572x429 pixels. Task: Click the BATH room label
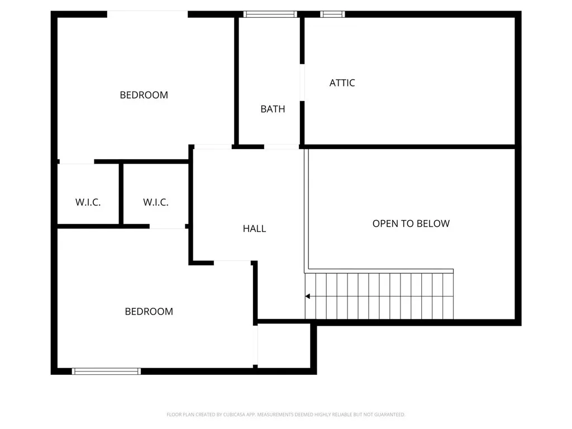[273, 109]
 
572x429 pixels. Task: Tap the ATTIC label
[342, 83]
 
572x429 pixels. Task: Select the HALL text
[254, 228]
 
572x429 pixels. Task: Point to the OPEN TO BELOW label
[411, 223]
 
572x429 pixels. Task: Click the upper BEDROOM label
[144, 95]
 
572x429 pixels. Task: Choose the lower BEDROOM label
[149, 311]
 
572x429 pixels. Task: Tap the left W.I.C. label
[88, 202]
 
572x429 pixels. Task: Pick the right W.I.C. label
[156, 202]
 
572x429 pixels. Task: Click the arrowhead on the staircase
[308, 297]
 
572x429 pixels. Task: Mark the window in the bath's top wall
[269, 15]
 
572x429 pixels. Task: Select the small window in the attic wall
[332, 15]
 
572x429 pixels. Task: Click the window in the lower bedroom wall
[106, 371]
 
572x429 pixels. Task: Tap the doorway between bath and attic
[302, 83]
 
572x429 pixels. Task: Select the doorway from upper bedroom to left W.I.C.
[77, 162]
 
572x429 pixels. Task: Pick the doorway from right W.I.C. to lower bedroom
[168, 227]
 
